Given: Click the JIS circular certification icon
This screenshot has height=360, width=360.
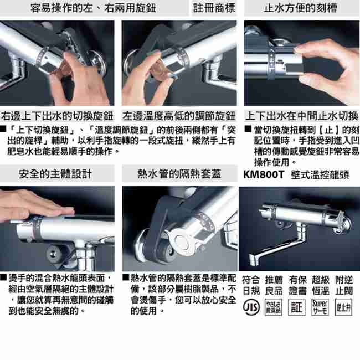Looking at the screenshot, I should pos(251,306).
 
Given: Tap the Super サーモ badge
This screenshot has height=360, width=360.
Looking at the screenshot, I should pos(320,306).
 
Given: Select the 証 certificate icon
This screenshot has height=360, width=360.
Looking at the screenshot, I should pos(297,306).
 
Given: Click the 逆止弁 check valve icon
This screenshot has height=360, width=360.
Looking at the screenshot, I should pos(343,306).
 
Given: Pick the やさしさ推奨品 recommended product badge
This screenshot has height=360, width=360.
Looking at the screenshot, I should pos(274,306).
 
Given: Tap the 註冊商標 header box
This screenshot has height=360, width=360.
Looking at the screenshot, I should pos(214,8).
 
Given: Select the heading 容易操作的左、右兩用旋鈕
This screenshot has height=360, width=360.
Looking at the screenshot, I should pos(94,8).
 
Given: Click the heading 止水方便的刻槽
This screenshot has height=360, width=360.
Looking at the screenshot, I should pos(300,8).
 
